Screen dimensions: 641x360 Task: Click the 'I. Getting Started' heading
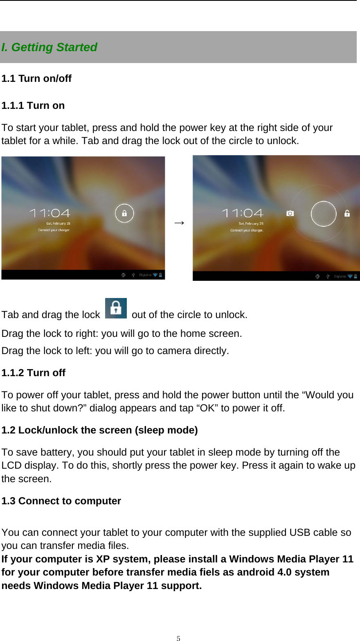tap(49, 47)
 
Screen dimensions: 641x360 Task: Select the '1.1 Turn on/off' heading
tap(36, 79)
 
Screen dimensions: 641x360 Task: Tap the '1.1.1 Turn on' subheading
tap(33, 106)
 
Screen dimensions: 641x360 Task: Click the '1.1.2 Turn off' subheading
tap(34, 373)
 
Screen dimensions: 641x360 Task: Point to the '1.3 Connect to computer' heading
tap(61, 501)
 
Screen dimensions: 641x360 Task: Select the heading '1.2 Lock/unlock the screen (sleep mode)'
tap(99, 430)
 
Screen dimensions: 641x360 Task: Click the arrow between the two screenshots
tap(179, 222)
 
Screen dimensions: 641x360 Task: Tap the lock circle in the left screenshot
tap(124, 213)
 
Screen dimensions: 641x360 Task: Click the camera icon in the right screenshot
tap(290, 213)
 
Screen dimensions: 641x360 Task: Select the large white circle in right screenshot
tap(323, 214)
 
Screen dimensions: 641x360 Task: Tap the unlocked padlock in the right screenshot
tap(347, 213)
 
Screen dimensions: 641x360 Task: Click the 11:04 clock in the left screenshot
tap(50, 213)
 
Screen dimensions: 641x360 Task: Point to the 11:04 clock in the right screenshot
tap(243, 213)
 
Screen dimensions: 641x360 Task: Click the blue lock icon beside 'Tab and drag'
tap(116, 308)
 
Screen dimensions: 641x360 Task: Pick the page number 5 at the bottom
tap(178, 638)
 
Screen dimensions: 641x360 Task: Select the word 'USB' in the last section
tap(300, 533)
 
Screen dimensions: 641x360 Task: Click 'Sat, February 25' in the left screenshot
tap(58, 223)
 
